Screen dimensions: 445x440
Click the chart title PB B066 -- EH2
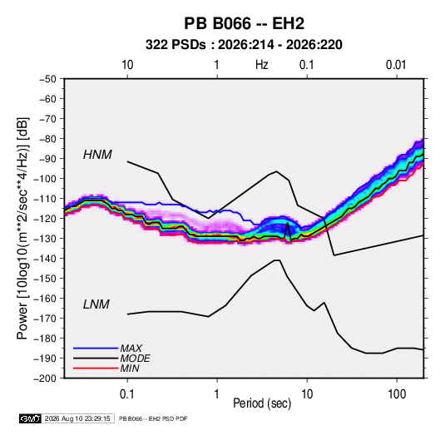244,23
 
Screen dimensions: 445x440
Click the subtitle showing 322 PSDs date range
244,45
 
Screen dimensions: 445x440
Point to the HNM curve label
97,155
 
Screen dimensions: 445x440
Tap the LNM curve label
96,304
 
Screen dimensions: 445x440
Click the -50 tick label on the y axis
48,79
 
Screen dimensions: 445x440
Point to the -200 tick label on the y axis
46,378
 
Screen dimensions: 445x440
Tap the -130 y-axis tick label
46,239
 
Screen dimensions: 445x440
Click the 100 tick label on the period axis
397,394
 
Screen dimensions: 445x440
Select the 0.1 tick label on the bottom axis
127,394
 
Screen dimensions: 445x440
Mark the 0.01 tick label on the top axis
396,65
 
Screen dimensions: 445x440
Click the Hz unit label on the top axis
262,65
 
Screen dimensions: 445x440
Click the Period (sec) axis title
262,403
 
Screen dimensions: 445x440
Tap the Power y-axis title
22,228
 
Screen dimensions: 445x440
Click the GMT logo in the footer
30,418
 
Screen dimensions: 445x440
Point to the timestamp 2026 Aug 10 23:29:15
77,418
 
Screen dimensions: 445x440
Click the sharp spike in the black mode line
288,224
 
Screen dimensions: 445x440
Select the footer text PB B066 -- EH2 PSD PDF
153,418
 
